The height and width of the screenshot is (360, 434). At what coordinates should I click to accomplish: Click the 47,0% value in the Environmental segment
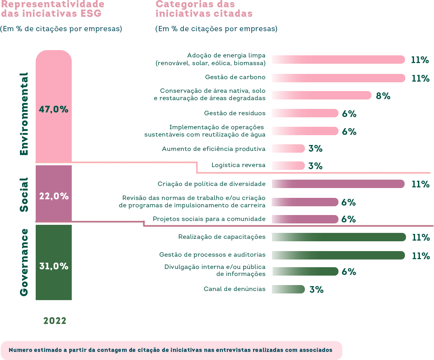coord(54,110)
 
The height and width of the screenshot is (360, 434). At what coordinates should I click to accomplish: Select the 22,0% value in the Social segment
coord(54,196)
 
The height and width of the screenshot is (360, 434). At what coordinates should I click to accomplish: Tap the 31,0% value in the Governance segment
coord(54,266)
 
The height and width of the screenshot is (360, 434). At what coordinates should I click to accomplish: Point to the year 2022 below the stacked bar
coord(55,321)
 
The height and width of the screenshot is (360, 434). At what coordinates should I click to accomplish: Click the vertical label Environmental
coord(24,114)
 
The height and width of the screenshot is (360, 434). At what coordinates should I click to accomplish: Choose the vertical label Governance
coord(24,262)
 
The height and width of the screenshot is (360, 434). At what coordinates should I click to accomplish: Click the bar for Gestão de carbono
coord(338,78)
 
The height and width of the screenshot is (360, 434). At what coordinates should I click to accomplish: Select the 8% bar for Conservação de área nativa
coord(321,95)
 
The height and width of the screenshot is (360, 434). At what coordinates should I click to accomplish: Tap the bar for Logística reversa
coord(288,166)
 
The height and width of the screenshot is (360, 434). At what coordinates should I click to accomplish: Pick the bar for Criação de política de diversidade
coord(338,184)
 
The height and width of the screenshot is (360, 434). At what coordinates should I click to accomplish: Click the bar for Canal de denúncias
coord(288,289)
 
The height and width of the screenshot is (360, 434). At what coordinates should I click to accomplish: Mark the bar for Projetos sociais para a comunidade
coord(305,219)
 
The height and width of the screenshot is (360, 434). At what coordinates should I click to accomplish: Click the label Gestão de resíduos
coord(235,113)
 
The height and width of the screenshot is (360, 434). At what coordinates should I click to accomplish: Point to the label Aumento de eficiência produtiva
coord(213,149)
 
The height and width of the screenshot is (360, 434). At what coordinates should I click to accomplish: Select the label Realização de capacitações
coord(222,237)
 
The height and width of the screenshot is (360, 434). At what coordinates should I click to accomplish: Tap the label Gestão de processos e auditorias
coord(212,255)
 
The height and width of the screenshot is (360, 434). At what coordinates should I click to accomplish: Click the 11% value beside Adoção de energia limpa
coord(420,60)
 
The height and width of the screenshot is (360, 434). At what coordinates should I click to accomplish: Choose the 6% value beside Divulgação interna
coord(349,272)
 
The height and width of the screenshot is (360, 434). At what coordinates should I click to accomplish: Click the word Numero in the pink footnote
coord(20,350)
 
